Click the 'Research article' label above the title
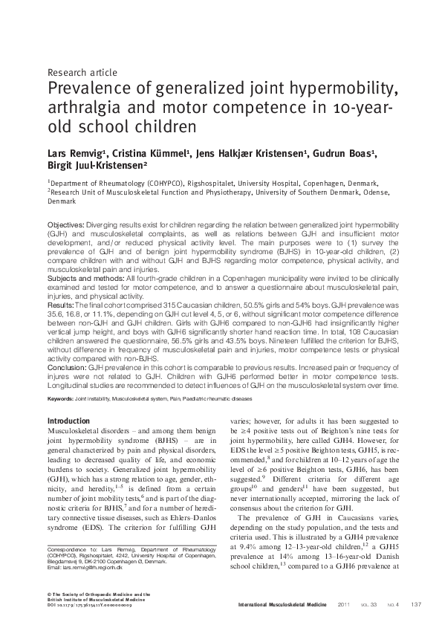[81, 73]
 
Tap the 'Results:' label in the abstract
[59, 305]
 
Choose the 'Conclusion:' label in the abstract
[67, 367]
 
